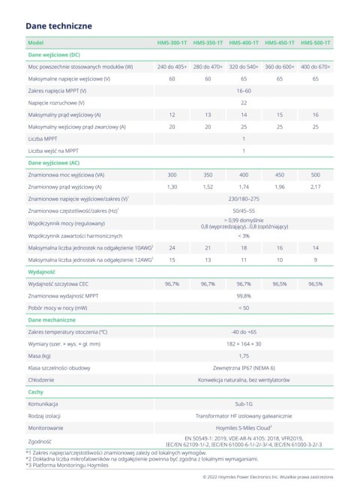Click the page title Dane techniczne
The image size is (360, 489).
pos(58,25)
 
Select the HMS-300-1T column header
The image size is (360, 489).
pos(172,43)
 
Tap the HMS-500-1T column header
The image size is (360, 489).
pos(316,43)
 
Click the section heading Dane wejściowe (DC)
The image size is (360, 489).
pos(54,55)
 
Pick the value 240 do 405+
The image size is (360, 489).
pos(172,67)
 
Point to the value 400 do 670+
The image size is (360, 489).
pos(316,67)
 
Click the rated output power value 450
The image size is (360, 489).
pos(280,174)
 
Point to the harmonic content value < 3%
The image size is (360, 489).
pos(244,235)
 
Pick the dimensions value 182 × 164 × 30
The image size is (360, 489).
pos(244,343)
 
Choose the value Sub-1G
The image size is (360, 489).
pos(244,403)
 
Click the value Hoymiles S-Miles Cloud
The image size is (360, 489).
pos(243,427)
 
